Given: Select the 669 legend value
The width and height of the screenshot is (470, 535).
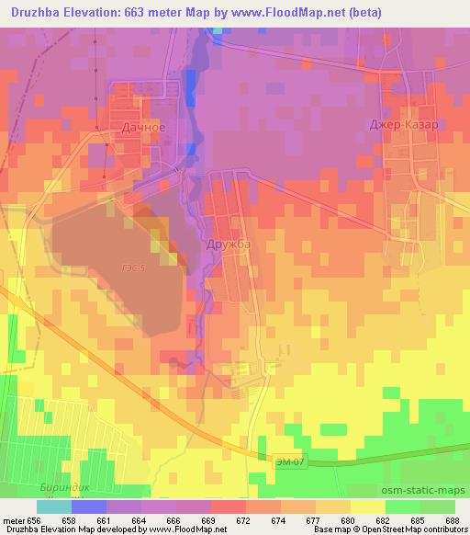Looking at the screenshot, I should pos(209,519).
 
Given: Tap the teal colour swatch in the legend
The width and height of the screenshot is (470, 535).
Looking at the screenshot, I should pos(54,507).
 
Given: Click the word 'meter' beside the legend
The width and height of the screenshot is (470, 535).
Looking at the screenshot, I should pos(14,519).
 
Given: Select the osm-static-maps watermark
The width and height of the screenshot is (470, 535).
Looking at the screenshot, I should pos(430,489).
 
